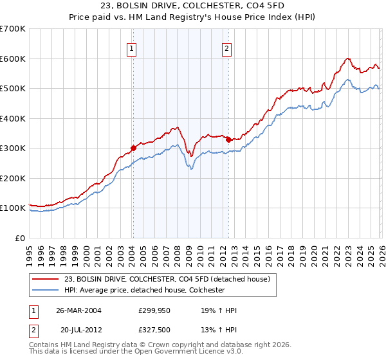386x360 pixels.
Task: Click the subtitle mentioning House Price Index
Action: [192, 18]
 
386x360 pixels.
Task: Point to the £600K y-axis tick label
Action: [13, 59]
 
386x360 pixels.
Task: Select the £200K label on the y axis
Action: [13, 178]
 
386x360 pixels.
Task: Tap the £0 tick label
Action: [21, 238]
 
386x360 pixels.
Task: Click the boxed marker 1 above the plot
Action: [132, 47]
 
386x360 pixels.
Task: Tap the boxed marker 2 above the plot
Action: [228, 47]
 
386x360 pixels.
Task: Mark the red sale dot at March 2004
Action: [133, 148]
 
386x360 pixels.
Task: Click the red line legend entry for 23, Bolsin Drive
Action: [170, 278]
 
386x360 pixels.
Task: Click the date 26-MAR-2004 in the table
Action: [78, 310]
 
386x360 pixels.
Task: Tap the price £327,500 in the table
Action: [154, 330]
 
